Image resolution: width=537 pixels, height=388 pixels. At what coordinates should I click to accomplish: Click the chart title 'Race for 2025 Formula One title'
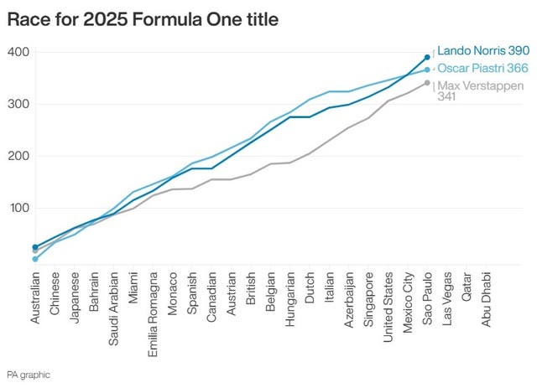(x=143, y=18)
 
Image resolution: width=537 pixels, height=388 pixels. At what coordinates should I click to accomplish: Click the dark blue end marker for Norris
(x=427, y=57)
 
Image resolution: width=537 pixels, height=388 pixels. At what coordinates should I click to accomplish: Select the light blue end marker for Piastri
(x=427, y=70)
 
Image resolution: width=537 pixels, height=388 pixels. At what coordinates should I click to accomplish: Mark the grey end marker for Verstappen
(x=427, y=83)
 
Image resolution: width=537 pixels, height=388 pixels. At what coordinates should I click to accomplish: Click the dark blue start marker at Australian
(x=34, y=247)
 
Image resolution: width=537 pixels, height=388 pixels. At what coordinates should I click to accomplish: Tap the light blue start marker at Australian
(x=34, y=259)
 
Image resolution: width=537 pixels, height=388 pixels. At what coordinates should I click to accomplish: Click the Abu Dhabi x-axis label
(x=486, y=297)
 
